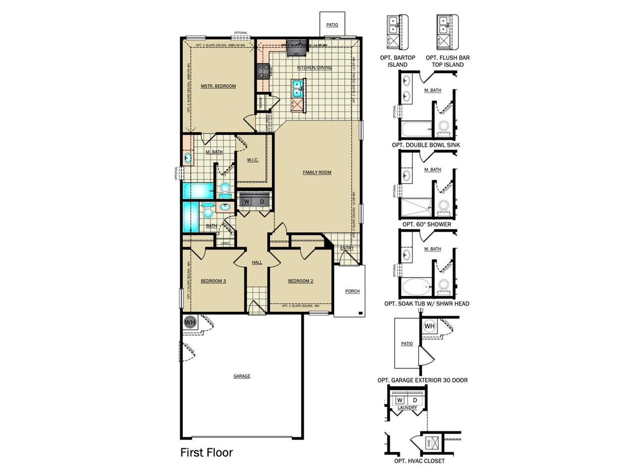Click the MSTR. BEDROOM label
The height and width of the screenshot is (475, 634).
coord(218,86)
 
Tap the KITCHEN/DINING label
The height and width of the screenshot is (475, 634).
coord(314,68)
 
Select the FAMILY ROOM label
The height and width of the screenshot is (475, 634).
coord(317,173)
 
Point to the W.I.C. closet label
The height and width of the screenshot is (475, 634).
coord(253,160)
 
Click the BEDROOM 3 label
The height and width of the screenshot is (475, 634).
coord(213,281)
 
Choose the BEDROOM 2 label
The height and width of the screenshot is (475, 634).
coord(301,281)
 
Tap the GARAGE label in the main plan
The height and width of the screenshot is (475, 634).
coord(242,376)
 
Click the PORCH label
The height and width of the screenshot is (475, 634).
coord(352,291)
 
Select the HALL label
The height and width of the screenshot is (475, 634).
coord(257,262)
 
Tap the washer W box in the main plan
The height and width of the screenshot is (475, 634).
coord(246,201)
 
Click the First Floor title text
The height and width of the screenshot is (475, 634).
coord(206,452)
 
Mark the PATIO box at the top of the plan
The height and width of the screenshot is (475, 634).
coord(332,24)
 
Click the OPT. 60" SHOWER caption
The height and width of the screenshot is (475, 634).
coord(426,224)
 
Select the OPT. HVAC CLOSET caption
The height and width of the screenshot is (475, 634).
coord(419,461)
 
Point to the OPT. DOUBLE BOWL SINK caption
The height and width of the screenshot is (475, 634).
coord(425,145)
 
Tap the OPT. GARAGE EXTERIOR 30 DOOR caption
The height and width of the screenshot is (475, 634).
coord(423,380)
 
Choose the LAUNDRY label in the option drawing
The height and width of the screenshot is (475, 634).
coord(407,408)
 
